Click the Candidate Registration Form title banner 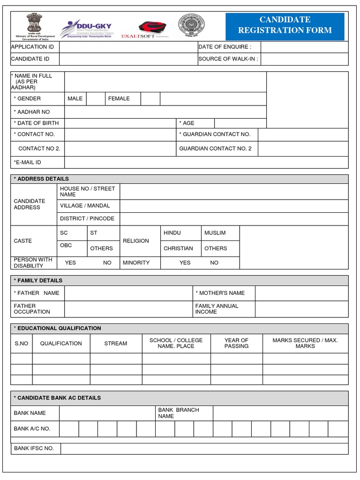coord(285,25)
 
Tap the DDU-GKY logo coord(89,28)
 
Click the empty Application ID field coord(128,47)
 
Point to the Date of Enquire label coord(225,47)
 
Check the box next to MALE coord(96,98)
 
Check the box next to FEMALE coord(150,98)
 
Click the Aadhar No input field coord(165,112)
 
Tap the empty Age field coord(240,123)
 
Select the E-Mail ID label coord(28,162)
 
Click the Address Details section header coord(180,179)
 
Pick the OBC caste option coord(66,245)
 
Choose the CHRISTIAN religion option coord(178,248)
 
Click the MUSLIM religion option coord(215,233)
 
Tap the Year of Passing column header coord(236,343)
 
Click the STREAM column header coord(116,344)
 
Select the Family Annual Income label coord(217,308)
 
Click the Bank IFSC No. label coord(34,448)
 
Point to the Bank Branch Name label coord(179,413)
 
